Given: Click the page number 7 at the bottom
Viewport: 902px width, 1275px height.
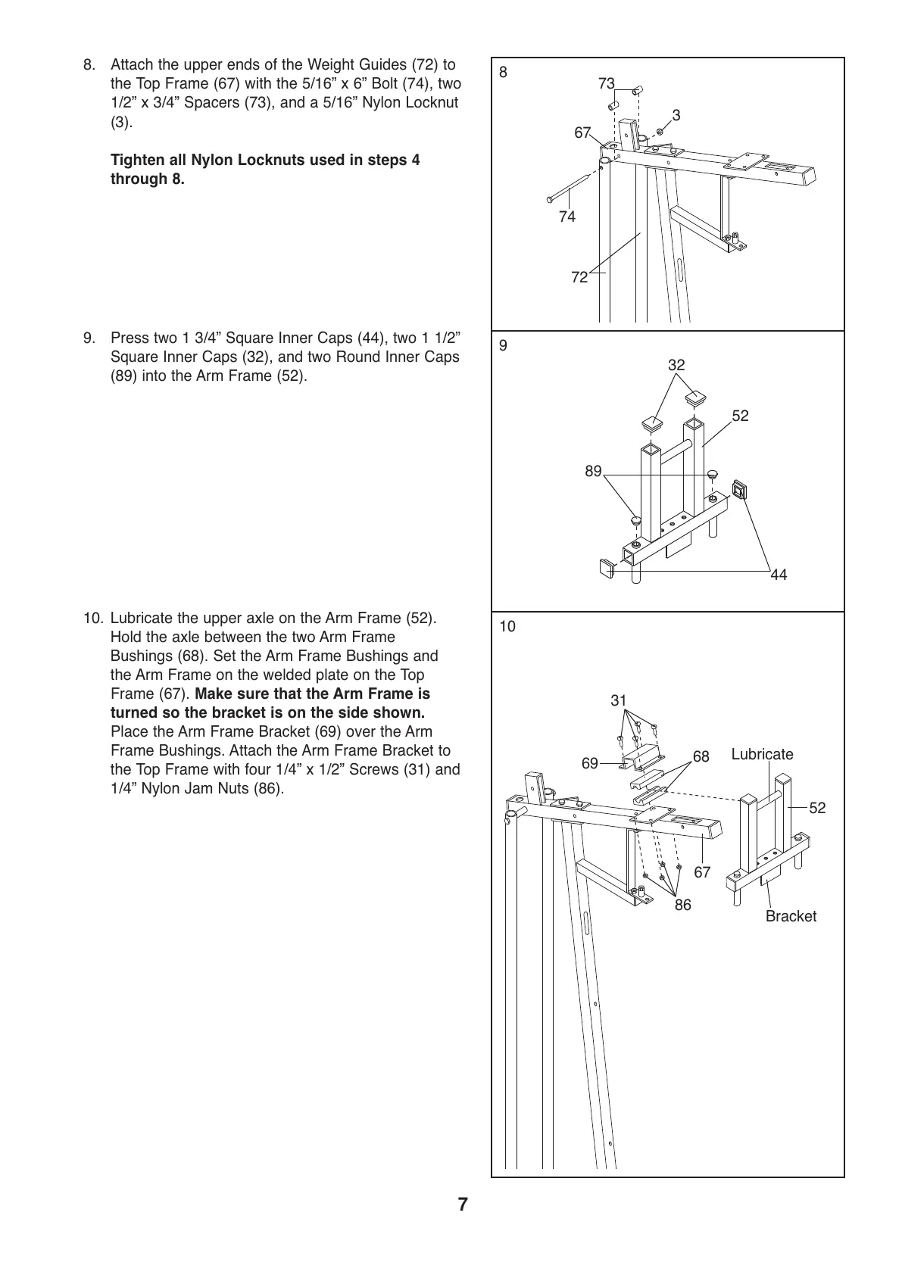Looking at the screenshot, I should (463, 1205).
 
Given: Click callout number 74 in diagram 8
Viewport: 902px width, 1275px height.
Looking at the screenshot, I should (566, 217).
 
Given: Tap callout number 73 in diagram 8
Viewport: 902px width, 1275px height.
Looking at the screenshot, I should (606, 84).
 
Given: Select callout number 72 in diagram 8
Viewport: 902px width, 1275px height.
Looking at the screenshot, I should (579, 278).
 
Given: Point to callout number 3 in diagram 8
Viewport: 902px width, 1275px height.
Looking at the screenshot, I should (676, 115).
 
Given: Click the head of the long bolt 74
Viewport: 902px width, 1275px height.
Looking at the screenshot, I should (548, 200).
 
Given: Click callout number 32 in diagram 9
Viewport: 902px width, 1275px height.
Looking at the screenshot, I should (676, 365).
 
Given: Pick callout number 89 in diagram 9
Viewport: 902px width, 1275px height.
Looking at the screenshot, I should (593, 472).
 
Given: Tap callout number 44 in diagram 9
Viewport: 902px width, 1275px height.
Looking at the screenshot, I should (779, 575).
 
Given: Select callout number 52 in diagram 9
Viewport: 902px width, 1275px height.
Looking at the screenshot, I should (740, 416).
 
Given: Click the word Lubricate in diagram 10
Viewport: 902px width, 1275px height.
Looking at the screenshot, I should (762, 754).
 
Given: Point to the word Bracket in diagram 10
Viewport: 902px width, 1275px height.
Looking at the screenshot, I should (791, 916).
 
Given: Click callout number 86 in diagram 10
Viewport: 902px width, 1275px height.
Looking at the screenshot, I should (683, 905).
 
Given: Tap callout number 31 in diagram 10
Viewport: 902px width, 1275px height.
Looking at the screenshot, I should (619, 700).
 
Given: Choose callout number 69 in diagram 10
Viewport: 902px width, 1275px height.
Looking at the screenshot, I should (590, 763).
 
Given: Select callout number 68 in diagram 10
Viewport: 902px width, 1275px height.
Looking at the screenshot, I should (701, 757).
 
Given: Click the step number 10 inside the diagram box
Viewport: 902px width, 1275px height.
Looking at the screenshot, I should (507, 627).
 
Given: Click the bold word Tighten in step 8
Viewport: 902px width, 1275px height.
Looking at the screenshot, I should (139, 161).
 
